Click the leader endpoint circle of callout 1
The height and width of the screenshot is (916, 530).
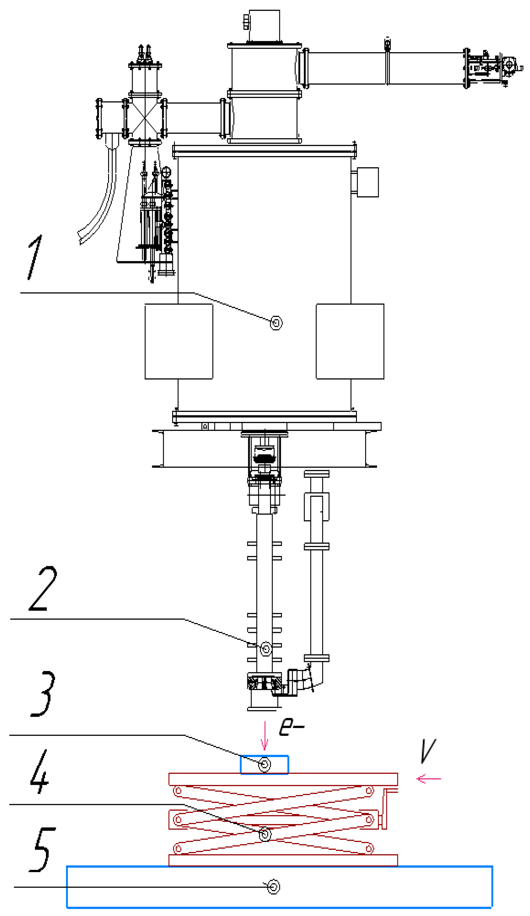(x=276, y=323)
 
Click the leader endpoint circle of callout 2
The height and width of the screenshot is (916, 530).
(x=266, y=648)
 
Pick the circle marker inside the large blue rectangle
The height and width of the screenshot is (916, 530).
(x=273, y=887)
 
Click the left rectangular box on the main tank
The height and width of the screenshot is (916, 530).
(x=178, y=341)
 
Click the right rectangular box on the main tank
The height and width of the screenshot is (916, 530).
(x=350, y=341)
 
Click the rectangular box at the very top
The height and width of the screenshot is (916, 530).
(x=264, y=25)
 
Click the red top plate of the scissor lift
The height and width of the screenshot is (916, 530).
(x=283, y=779)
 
